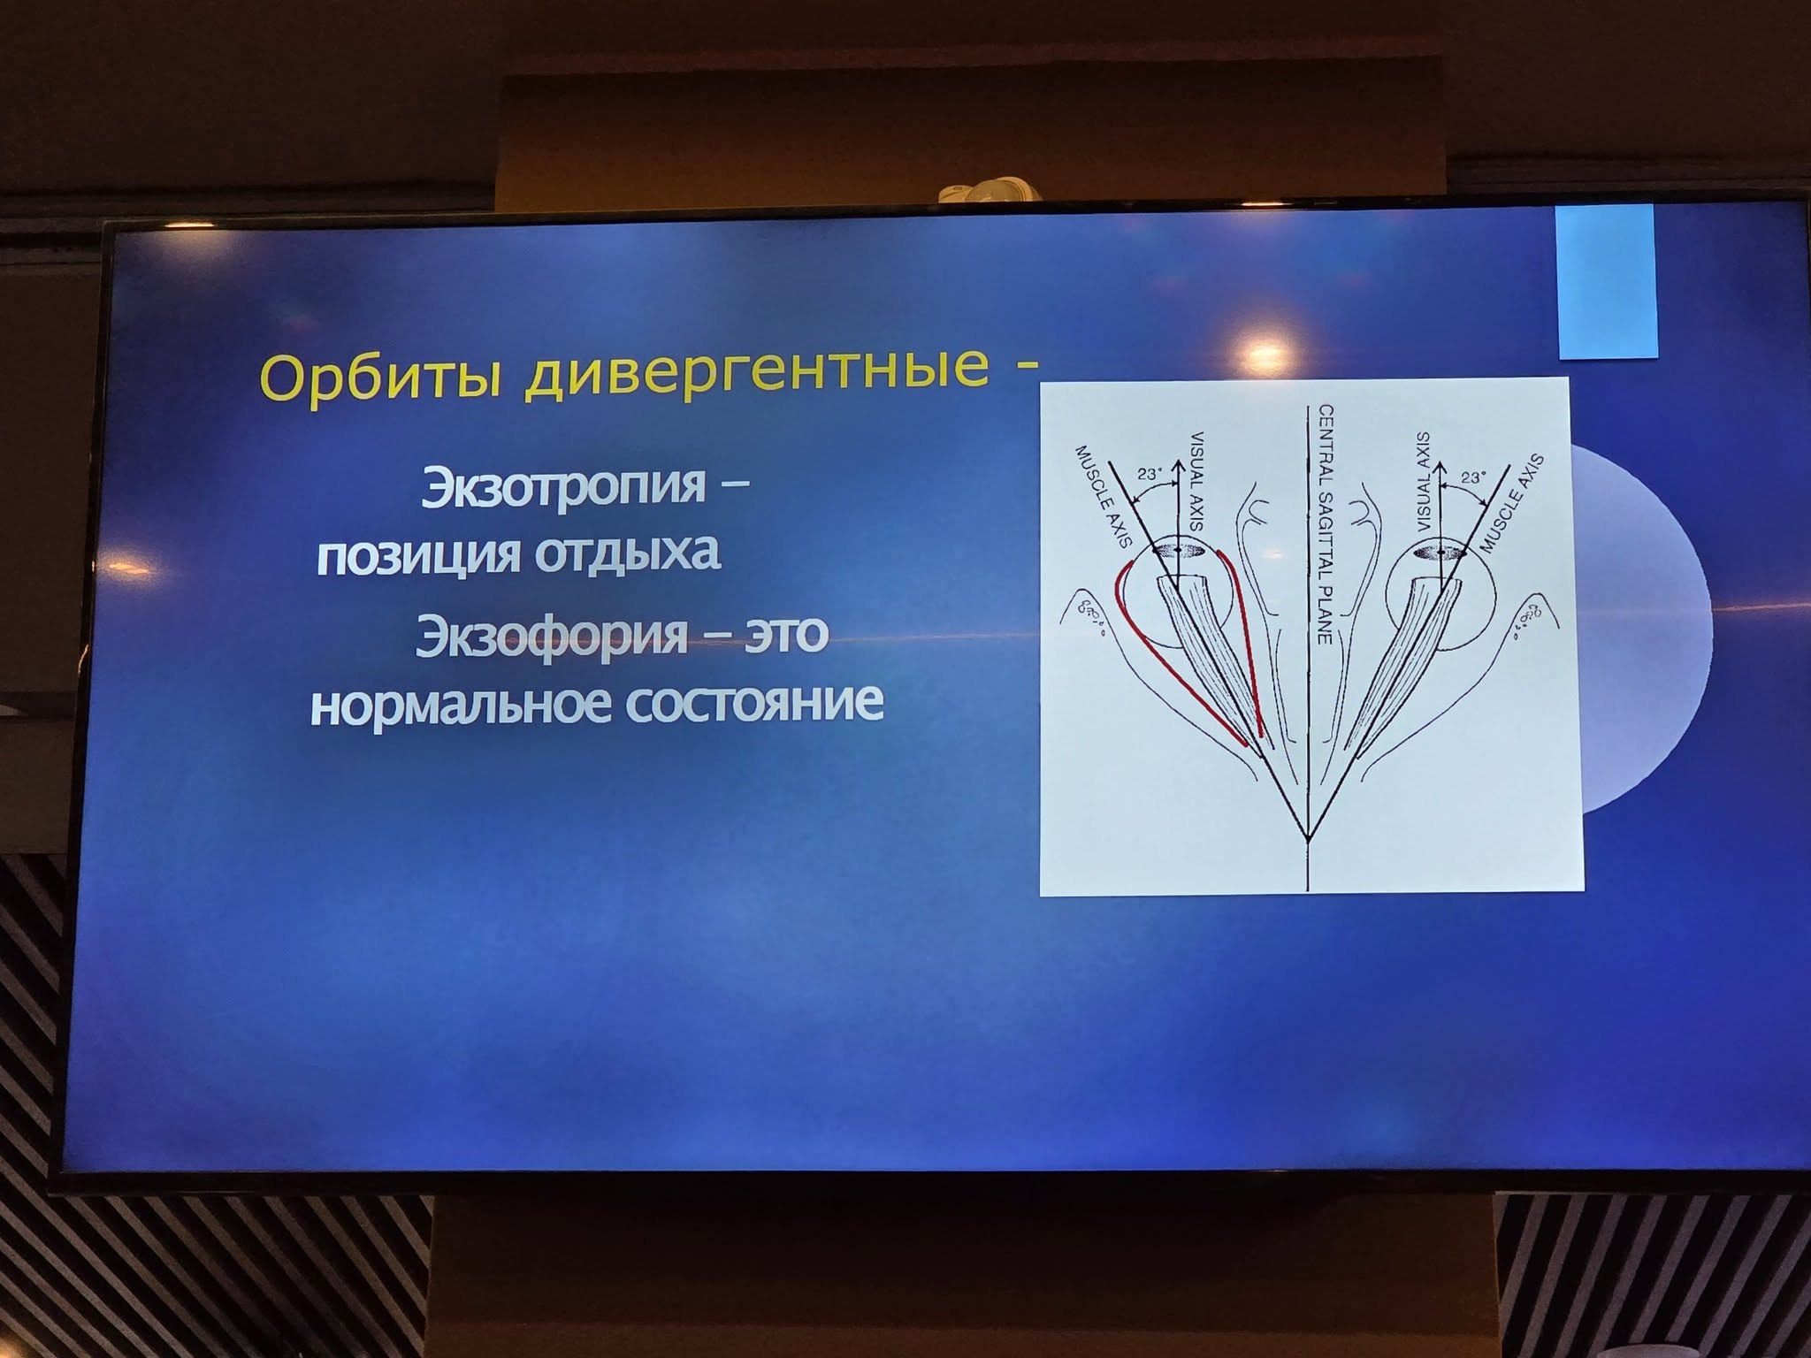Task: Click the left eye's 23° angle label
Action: click(1150, 474)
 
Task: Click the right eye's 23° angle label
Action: click(1473, 476)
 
